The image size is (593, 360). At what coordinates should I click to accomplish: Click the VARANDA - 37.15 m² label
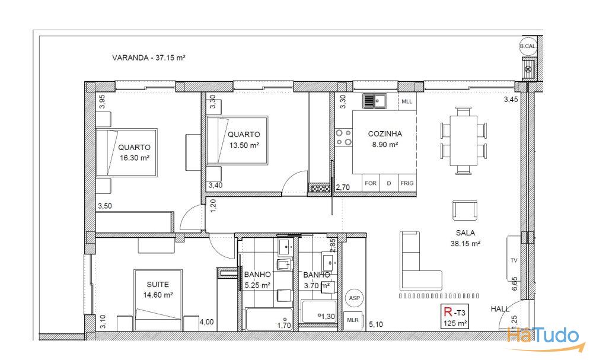tap(149, 58)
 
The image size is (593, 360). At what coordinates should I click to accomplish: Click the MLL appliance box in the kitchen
tap(406, 101)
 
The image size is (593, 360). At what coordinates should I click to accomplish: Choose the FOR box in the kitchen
tap(371, 183)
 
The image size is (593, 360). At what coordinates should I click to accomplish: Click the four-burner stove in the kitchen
tap(343, 138)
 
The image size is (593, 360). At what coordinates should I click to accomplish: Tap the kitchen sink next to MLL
tap(375, 101)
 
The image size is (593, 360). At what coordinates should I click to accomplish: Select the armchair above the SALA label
tap(464, 211)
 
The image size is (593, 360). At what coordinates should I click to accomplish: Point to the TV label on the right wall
tap(514, 261)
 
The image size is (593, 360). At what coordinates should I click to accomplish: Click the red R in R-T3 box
tap(448, 311)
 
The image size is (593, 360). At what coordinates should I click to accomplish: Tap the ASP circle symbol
tap(354, 298)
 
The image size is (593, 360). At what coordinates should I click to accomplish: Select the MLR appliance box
tap(353, 321)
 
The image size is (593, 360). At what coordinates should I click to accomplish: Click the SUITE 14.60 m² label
tap(156, 289)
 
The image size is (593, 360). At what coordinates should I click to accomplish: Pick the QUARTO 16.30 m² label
tap(134, 152)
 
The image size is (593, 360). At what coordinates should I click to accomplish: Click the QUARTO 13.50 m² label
tap(244, 139)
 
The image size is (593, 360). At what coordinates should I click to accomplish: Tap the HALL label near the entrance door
tap(500, 309)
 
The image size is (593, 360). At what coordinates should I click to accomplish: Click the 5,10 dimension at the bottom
tap(377, 324)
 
